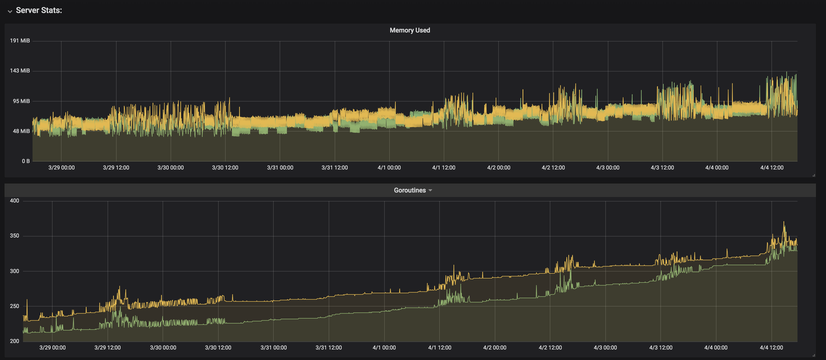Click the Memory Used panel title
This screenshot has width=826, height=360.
(x=409, y=30)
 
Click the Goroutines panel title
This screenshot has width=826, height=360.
(x=409, y=190)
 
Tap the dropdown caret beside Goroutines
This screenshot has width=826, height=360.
(x=430, y=190)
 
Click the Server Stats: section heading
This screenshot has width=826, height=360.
(x=39, y=10)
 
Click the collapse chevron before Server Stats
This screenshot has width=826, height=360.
(x=10, y=11)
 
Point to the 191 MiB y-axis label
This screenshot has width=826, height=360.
(x=20, y=41)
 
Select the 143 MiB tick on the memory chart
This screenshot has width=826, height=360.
(x=20, y=70)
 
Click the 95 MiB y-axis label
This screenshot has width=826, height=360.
(x=21, y=101)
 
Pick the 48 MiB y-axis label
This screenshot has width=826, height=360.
(x=21, y=131)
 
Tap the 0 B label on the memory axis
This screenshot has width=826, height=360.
(x=26, y=161)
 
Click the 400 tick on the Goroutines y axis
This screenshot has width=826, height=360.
(x=15, y=201)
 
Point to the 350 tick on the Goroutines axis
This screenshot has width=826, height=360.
(x=15, y=235)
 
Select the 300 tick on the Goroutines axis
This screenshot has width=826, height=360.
(x=15, y=271)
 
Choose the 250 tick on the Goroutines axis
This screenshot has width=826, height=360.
(x=15, y=306)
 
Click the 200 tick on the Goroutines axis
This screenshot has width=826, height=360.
(x=15, y=341)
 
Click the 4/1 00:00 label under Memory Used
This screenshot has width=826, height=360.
(x=389, y=168)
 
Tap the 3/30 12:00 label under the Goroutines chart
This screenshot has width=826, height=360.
(x=218, y=347)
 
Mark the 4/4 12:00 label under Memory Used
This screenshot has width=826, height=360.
(x=771, y=168)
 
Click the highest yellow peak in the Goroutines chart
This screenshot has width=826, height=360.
(x=784, y=222)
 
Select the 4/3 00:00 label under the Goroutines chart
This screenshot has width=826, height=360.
(x=605, y=347)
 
